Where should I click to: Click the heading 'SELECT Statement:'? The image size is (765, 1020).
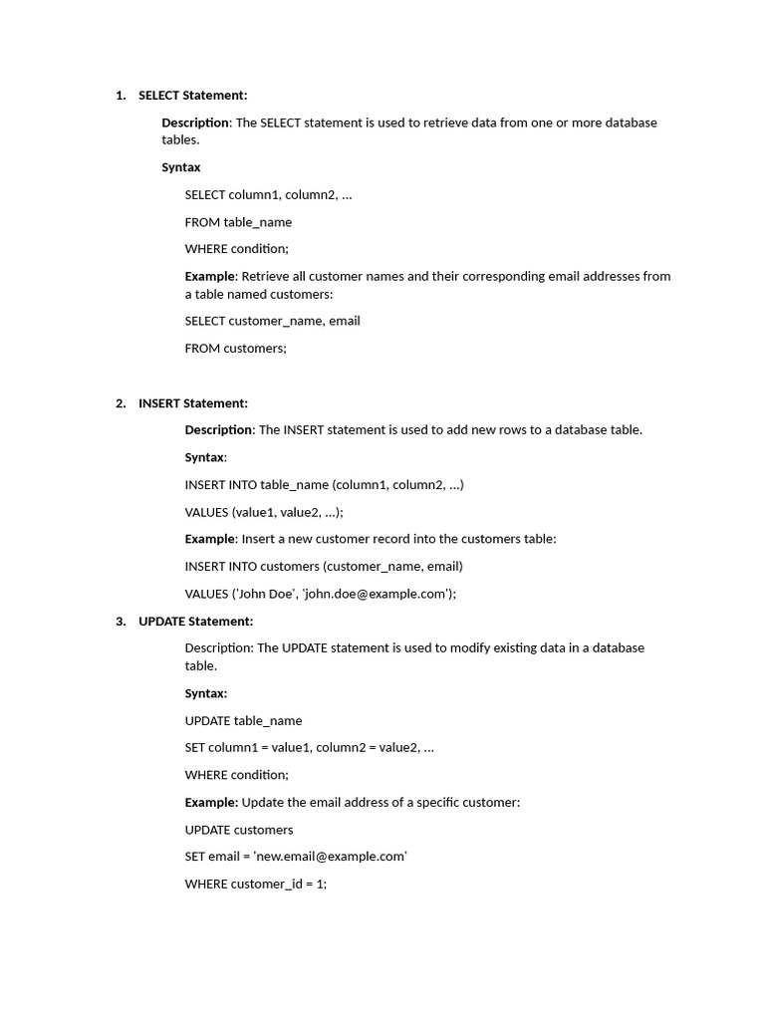(x=192, y=96)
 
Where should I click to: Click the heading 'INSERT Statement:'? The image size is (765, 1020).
(x=192, y=403)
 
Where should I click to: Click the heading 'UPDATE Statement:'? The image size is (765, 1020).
(x=195, y=622)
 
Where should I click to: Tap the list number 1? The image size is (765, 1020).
(x=121, y=96)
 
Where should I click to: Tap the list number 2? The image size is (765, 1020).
(x=121, y=403)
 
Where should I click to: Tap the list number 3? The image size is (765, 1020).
(x=121, y=622)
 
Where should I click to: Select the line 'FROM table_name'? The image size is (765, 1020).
(x=238, y=222)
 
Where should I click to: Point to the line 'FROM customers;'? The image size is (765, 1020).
(x=235, y=349)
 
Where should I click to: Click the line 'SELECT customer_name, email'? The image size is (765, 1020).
(x=272, y=321)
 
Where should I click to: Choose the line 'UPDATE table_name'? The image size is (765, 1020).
(x=243, y=720)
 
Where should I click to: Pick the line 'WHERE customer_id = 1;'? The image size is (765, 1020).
(x=255, y=884)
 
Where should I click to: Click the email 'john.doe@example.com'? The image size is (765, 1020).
(x=378, y=594)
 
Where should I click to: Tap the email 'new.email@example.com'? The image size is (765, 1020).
(x=331, y=857)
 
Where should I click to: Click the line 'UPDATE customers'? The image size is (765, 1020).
(x=239, y=830)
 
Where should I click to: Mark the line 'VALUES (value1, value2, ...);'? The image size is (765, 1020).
(x=264, y=512)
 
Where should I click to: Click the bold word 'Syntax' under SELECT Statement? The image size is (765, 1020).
(x=181, y=167)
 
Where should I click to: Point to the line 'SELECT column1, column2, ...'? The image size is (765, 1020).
(x=268, y=195)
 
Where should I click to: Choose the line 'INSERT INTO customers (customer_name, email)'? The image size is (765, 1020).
(x=324, y=567)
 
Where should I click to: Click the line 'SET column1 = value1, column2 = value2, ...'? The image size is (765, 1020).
(x=309, y=748)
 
